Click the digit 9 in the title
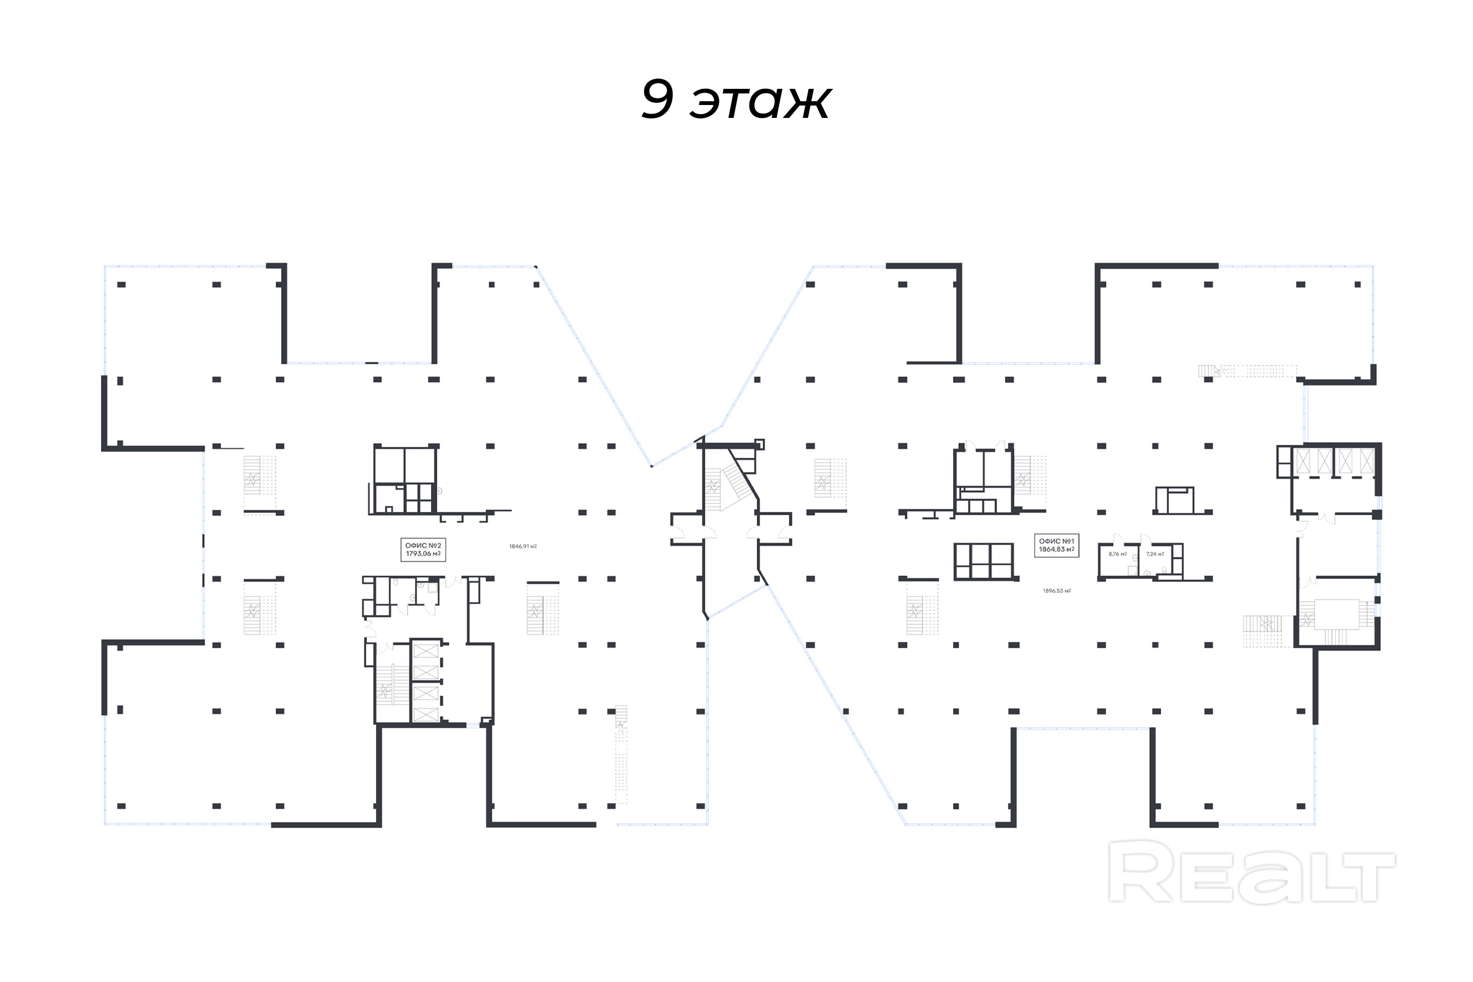pyautogui.click(x=657, y=99)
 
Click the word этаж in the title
pyautogui.click(x=760, y=101)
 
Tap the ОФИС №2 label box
pyautogui.click(x=423, y=549)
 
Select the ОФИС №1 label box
pyautogui.click(x=1056, y=545)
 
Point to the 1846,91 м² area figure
pyautogui.click(x=522, y=546)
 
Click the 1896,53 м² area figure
pyautogui.click(x=1056, y=591)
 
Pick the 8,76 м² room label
pyautogui.click(x=1117, y=553)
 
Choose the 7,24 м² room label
pyautogui.click(x=1155, y=553)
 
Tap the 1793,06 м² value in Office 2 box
pyautogui.click(x=423, y=553)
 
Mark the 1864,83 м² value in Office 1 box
pyautogui.click(x=1056, y=549)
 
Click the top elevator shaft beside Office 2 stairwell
pyautogui.click(x=426, y=651)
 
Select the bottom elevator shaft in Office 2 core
pyautogui.click(x=426, y=714)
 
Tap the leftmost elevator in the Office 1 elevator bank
pyautogui.click(x=1303, y=461)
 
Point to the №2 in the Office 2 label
pyautogui.click(x=434, y=545)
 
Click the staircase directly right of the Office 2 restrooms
pyautogui.click(x=542, y=608)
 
